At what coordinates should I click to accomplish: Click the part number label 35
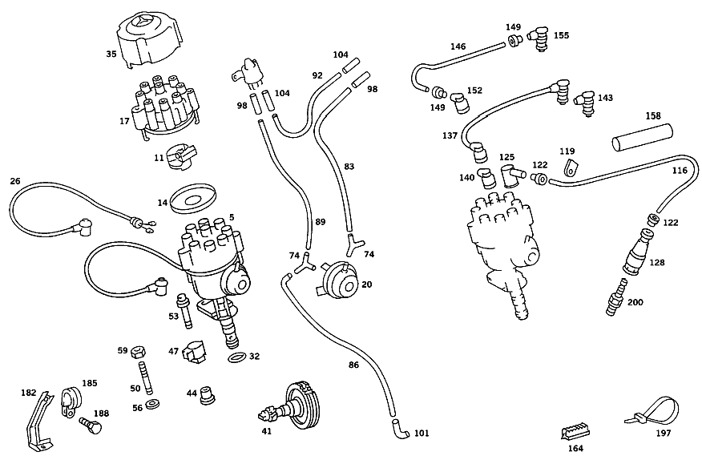click(111, 54)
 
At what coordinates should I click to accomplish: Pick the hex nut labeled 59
click(137, 353)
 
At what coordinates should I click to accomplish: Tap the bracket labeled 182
click(38, 421)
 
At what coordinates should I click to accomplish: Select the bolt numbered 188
click(91, 426)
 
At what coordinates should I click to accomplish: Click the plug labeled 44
click(208, 395)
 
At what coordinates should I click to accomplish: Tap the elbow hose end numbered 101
click(400, 429)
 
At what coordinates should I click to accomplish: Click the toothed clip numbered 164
click(575, 433)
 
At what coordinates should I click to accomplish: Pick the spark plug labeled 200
click(616, 297)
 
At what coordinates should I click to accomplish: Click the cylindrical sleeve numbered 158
click(643, 138)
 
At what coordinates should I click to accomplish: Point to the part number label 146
click(458, 46)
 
